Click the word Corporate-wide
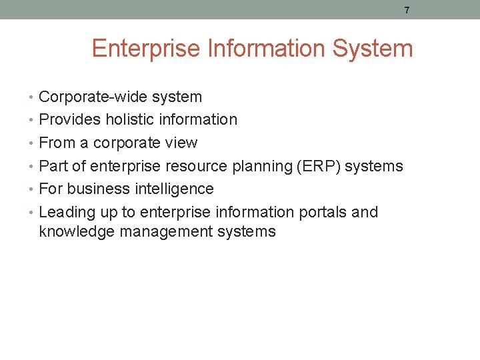[93, 97]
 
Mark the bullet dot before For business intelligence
[33, 189]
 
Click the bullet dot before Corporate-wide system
[33, 97]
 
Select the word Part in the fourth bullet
[53, 166]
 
